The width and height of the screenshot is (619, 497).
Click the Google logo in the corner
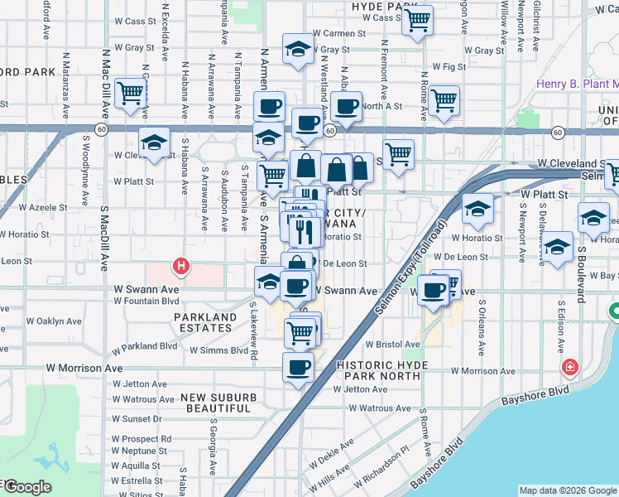(x=26, y=487)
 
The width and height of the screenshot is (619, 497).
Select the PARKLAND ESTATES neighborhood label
(x=204, y=322)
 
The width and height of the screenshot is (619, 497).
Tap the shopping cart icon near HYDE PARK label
(x=418, y=19)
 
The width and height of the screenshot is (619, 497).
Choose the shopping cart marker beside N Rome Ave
(x=444, y=100)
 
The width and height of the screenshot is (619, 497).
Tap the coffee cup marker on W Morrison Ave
(x=298, y=367)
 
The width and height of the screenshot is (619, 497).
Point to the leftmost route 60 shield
(x=100, y=129)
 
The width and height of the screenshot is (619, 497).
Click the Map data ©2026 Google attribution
(x=567, y=490)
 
